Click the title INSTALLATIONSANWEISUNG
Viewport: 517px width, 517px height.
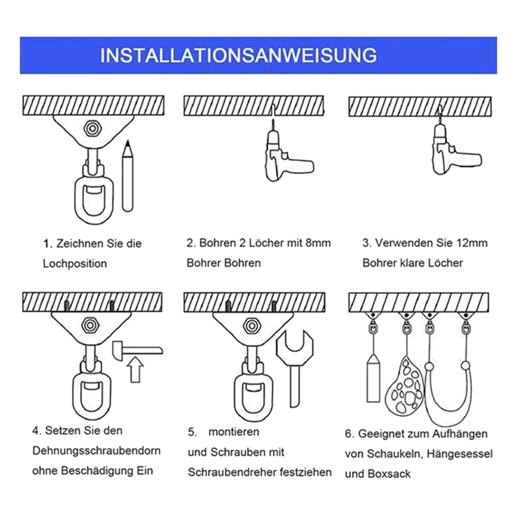238,55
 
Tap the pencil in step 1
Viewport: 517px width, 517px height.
127,176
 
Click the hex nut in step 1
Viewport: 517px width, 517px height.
92,128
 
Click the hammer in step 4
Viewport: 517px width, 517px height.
138,350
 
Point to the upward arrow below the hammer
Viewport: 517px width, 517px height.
135,370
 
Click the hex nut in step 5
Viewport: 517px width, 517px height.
252,326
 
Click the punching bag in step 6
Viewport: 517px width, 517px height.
374,377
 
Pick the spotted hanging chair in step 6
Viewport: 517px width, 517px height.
405,386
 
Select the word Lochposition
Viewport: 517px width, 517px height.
75,264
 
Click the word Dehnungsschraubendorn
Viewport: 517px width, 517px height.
96,450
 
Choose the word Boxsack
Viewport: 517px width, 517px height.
389,474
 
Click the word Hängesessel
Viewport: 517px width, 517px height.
459,454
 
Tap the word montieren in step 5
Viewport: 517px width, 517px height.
234,432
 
